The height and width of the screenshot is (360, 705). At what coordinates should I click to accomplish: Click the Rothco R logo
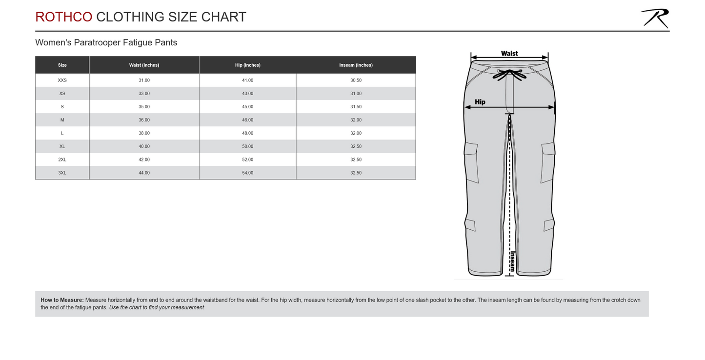[x=655, y=19]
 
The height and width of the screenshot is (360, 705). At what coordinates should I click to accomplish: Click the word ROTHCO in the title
[x=63, y=17]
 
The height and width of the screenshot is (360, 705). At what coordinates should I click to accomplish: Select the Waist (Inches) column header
[x=144, y=65]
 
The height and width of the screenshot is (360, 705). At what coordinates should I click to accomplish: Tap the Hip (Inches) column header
[x=247, y=65]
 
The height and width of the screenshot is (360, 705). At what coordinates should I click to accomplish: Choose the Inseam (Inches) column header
[x=356, y=65]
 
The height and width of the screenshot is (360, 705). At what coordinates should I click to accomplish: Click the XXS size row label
[x=62, y=80]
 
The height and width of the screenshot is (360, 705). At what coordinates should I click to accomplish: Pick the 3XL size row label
[x=62, y=173]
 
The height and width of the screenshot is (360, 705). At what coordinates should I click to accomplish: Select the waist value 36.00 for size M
[x=144, y=120]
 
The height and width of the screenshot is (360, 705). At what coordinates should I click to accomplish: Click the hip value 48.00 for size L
[x=247, y=133]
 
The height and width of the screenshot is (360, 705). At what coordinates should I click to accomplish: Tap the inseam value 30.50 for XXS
[x=356, y=80]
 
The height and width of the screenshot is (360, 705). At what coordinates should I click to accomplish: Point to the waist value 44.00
[x=144, y=173]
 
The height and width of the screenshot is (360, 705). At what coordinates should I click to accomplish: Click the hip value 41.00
[x=247, y=80]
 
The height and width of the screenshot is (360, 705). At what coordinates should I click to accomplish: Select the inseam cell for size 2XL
[x=356, y=160]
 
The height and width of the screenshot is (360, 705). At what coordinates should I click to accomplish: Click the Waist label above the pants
[x=509, y=53]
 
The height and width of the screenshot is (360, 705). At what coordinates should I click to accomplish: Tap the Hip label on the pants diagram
[x=480, y=102]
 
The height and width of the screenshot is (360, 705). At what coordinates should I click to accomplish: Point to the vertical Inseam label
[x=512, y=261]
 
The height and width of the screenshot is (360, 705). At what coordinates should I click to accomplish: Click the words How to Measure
[x=62, y=300]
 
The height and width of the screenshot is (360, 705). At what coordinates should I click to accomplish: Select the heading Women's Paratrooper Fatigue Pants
[x=106, y=43]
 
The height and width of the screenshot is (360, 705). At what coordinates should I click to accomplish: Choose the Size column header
[x=62, y=65]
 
